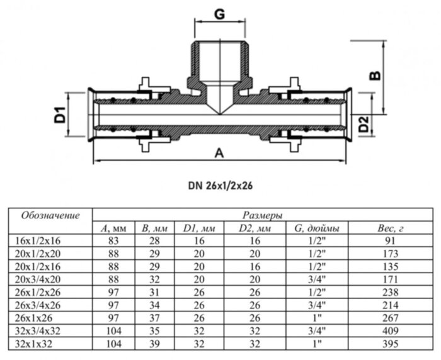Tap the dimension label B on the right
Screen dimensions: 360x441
(x=374, y=75)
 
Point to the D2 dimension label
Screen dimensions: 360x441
(x=364, y=125)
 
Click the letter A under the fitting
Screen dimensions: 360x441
(x=219, y=153)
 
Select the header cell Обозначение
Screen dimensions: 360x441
(x=50, y=216)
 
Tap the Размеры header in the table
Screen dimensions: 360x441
(x=261, y=215)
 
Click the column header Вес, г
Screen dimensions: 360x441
(x=389, y=228)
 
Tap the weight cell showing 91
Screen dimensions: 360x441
(x=390, y=242)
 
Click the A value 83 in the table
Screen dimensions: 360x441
(x=115, y=242)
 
